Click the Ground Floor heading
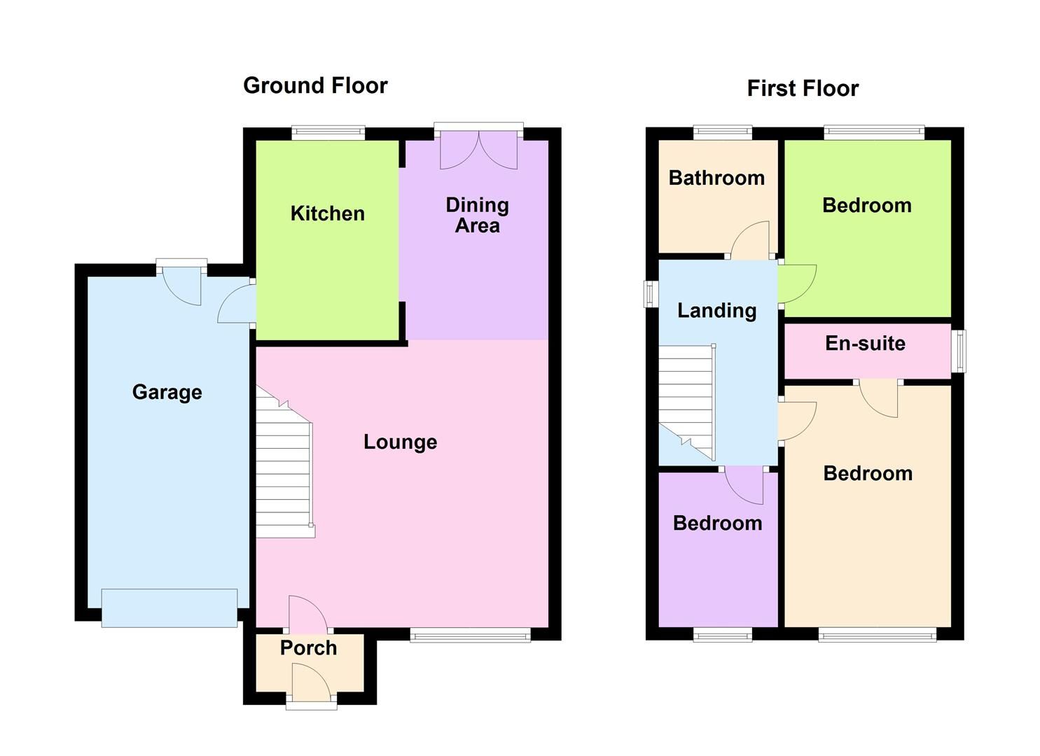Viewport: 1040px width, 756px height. [314, 85]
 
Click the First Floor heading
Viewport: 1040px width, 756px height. [802, 88]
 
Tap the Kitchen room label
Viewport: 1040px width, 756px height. [327, 213]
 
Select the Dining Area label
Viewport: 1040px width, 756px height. [477, 215]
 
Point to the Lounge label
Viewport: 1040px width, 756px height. [400, 442]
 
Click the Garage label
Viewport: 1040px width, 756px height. [167, 392]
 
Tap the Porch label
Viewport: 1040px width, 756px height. [308, 647]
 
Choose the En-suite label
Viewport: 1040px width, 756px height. [865, 343]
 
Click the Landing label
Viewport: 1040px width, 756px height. [716, 310]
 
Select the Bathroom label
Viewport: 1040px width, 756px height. [716, 178]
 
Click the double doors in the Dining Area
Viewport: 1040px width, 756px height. [478, 150]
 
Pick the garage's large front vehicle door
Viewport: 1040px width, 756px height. [169, 608]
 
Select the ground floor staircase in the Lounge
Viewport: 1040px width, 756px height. [284, 465]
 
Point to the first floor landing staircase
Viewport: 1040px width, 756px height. [686, 402]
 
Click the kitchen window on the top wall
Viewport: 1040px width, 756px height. [328, 132]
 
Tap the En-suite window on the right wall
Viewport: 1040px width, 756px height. [959, 351]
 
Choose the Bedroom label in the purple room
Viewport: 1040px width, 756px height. [717, 523]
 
